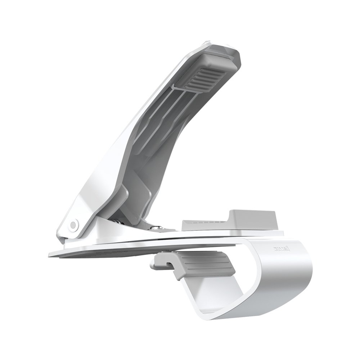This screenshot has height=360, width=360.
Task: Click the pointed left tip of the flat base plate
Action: click(x=50, y=254)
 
